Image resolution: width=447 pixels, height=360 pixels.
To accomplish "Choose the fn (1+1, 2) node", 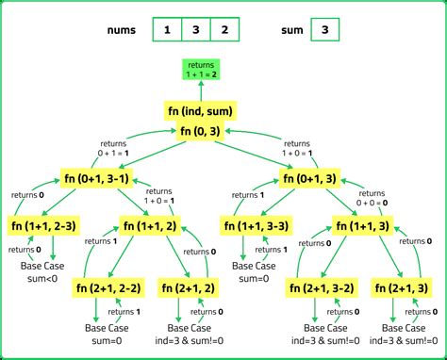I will (150, 226).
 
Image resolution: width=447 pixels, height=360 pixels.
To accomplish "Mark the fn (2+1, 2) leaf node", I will (192, 287).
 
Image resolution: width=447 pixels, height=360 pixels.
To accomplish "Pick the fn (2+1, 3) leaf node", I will (402, 287).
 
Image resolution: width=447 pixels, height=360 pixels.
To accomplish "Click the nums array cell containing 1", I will (167, 29).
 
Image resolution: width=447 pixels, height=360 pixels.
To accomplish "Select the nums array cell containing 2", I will (224, 29).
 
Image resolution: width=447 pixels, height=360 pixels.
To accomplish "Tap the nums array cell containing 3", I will (195, 29).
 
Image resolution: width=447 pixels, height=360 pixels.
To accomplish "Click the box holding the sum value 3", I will (323, 29).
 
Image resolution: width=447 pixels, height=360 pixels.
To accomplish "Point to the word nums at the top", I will (128, 30).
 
